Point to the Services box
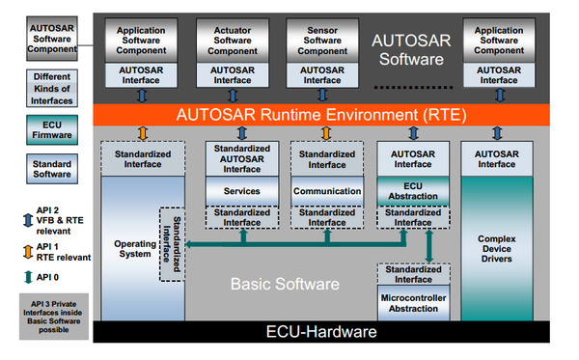[x=241, y=192]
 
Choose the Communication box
[x=326, y=192]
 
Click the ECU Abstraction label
[x=413, y=189]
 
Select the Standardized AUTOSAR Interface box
[x=241, y=158]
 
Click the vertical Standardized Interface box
[x=171, y=243]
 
